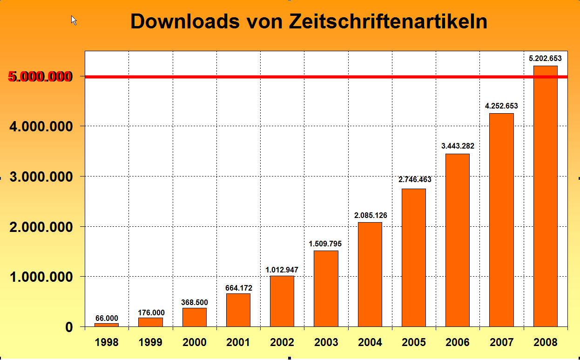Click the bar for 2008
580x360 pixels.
(x=545, y=196)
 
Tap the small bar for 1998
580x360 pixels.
(x=107, y=325)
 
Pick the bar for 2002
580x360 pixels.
(x=282, y=301)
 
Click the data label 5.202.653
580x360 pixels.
(x=545, y=59)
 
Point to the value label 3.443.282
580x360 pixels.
(x=458, y=146)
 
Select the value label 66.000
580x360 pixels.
(x=107, y=319)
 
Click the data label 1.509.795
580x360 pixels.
(x=326, y=243)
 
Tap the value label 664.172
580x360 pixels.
(x=238, y=288)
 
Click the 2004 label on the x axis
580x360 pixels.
(x=370, y=343)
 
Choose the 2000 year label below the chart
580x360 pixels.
(x=194, y=343)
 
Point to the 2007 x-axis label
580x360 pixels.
(x=501, y=343)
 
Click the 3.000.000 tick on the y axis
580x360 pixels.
(x=41, y=177)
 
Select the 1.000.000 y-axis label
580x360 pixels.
(x=41, y=277)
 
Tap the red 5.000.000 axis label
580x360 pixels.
(x=40, y=77)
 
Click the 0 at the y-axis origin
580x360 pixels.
(x=69, y=327)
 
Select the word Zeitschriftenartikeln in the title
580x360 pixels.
(x=388, y=21)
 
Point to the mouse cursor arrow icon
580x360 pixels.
(x=74, y=20)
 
